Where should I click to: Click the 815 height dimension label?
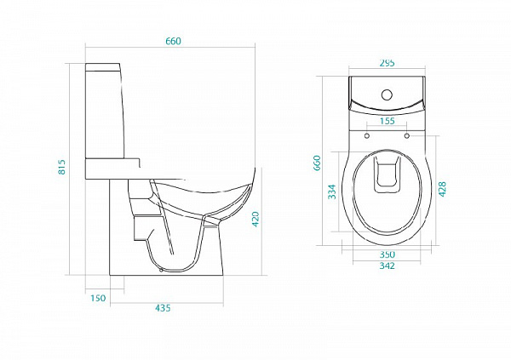pos(60,168)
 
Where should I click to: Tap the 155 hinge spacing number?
pos(388,122)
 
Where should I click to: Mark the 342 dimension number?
pos(388,267)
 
